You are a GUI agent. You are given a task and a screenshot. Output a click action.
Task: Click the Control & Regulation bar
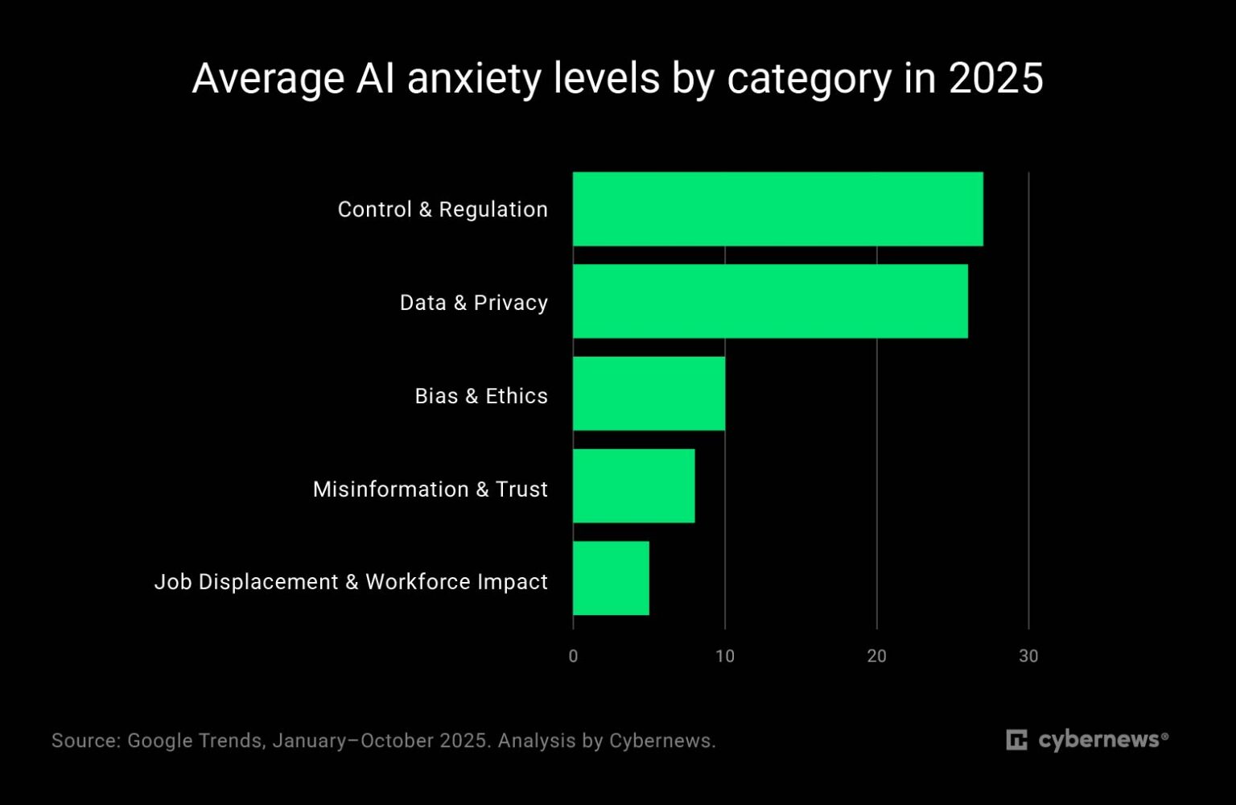(777, 208)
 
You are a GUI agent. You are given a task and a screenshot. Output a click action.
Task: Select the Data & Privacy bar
(770, 301)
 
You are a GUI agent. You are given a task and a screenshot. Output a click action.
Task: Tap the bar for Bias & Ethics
(649, 394)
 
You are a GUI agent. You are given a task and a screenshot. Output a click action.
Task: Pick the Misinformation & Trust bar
(633, 486)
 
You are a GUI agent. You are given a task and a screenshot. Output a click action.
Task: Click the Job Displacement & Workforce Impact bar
(611, 578)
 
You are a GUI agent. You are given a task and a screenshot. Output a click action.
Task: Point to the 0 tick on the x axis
(573, 656)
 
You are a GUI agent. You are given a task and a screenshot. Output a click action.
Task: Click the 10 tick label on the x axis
(725, 656)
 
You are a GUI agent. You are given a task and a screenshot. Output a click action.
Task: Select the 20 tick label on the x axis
(876, 656)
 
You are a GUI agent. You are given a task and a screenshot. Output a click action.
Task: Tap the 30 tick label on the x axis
(1028, 656)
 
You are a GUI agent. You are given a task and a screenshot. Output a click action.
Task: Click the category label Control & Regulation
(443, 209)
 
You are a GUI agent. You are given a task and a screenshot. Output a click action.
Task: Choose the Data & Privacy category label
(473, 303)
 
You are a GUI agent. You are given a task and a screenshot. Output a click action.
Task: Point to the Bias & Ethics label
(480, 396)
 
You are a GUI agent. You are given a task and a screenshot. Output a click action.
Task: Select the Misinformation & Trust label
(430, 489)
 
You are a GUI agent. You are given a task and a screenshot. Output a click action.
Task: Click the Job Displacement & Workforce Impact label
(351, 582)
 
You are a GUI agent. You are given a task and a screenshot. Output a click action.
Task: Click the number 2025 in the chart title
(995, 79)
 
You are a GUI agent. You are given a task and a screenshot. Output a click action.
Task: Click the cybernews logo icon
(1016, 740)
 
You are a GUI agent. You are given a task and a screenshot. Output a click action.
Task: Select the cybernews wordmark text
(1099, 740)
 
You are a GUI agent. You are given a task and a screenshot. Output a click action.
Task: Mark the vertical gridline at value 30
(1028, 402)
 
